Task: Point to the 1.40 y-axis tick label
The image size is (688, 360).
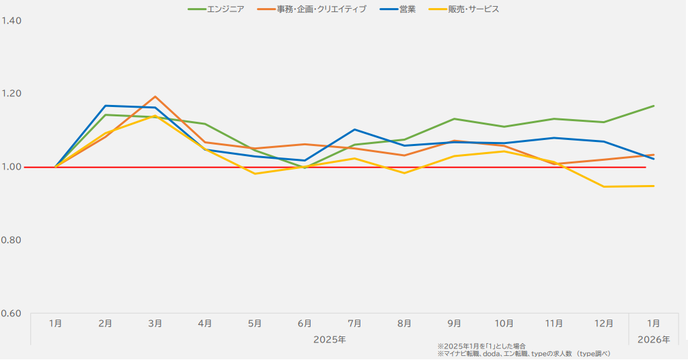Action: pyautogui.click(x=12, y=21)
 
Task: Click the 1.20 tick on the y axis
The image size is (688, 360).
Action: pyautogui.click(x=12, y=94)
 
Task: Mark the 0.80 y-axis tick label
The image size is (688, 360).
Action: pyautogui.click(x=12, y=240)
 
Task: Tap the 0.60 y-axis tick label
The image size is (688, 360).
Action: pyautogui.click(x=12, y=314)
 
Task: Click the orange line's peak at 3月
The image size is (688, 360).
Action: pyautogui.click(x=155, y=96)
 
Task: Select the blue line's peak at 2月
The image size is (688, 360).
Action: pyautogui.click(x=106, y=106)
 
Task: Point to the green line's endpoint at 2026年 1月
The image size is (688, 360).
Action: pyautogui.click(x=653, y=106)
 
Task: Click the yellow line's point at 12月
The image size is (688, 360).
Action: pyautogui.click(x=603, y=186)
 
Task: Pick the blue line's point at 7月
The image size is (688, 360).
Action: pyautogui.click(x=354, y=129)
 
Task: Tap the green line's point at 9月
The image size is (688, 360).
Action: pyautogui.click(x=454, y=119)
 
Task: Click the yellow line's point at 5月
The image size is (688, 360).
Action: pyautogui.click(x=255, y=174)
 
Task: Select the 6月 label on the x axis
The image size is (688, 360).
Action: pyautogui.click(x=305, y=324)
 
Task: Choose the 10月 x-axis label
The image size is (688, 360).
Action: pyautogui.click(x=504, y=324)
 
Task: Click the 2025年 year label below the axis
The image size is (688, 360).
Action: pyautogui.click(x=330, y=339)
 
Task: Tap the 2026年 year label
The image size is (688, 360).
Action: pyautogui.click(x=653, y=339)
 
